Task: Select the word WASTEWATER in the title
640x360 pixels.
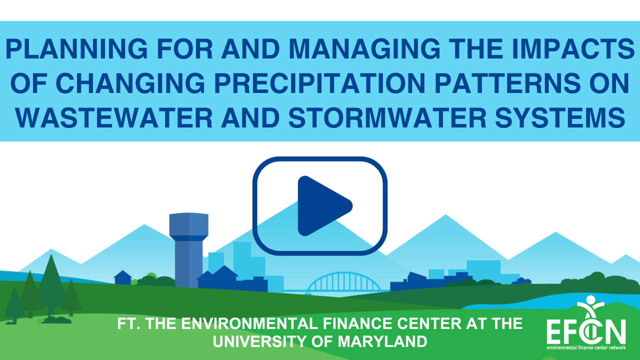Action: pyautogui.click(x=114, y=117)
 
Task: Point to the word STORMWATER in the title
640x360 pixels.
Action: pyautogui.click(x=387, y=117)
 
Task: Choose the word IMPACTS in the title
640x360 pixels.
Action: pyautogui.click(x=573, y=48)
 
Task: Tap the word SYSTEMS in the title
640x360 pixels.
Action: pyautogui.click(x=560, y=117)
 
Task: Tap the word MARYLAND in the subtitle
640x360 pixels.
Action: pyautogui.click(x=382, y=341)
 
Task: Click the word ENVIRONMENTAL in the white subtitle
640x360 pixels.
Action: pyautogui.click(x=249, y=323)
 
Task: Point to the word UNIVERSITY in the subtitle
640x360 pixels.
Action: pyautogui.click(x=260, y=341)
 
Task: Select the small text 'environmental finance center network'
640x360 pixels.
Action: pyautogui.click(x=586, y=347)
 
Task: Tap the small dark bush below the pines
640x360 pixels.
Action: pyautogui.click(x=57, y=319)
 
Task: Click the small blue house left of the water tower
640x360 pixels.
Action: pyautogui.click(x=123, y=277)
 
